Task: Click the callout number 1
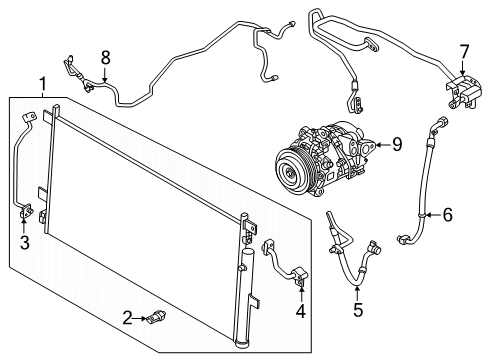(x=40, y=83)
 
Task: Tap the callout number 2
(x=128, y=318)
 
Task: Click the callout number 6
(x=448, y=213)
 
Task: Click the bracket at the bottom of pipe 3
(x=28, y=212)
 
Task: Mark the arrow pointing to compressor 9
(x=378, y=146)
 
